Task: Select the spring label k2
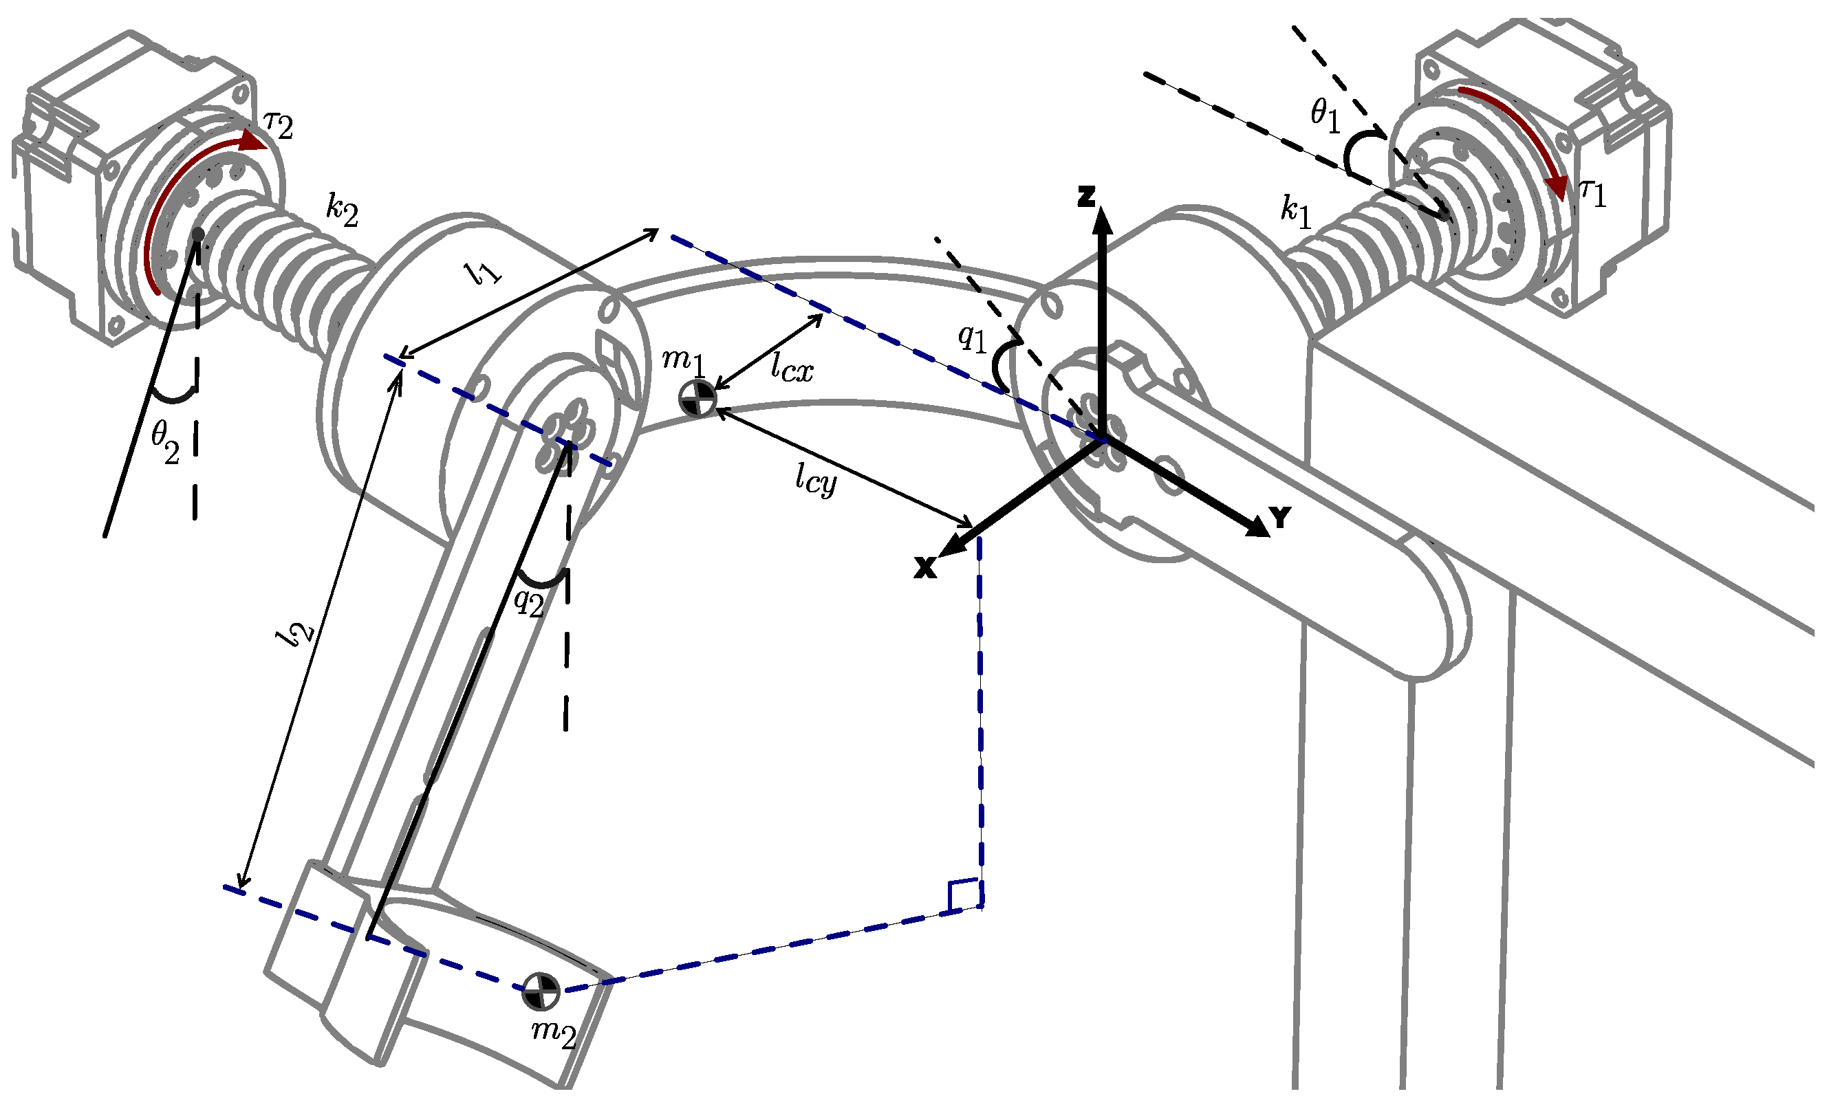point(342,212)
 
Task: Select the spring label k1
point(1296,212)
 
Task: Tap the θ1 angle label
point(1326,116)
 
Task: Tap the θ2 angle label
point(165,442)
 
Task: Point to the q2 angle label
point(528,601)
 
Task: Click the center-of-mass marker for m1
point(697,399)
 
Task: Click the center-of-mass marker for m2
point(541,991)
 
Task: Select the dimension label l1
point(484,273)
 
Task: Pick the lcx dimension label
point(791,367)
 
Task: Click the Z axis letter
point(1086,197)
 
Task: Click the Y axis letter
point(1281,517)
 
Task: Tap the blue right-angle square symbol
point(964,895)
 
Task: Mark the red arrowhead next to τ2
point(255,141)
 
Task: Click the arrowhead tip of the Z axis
point(1103,210)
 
